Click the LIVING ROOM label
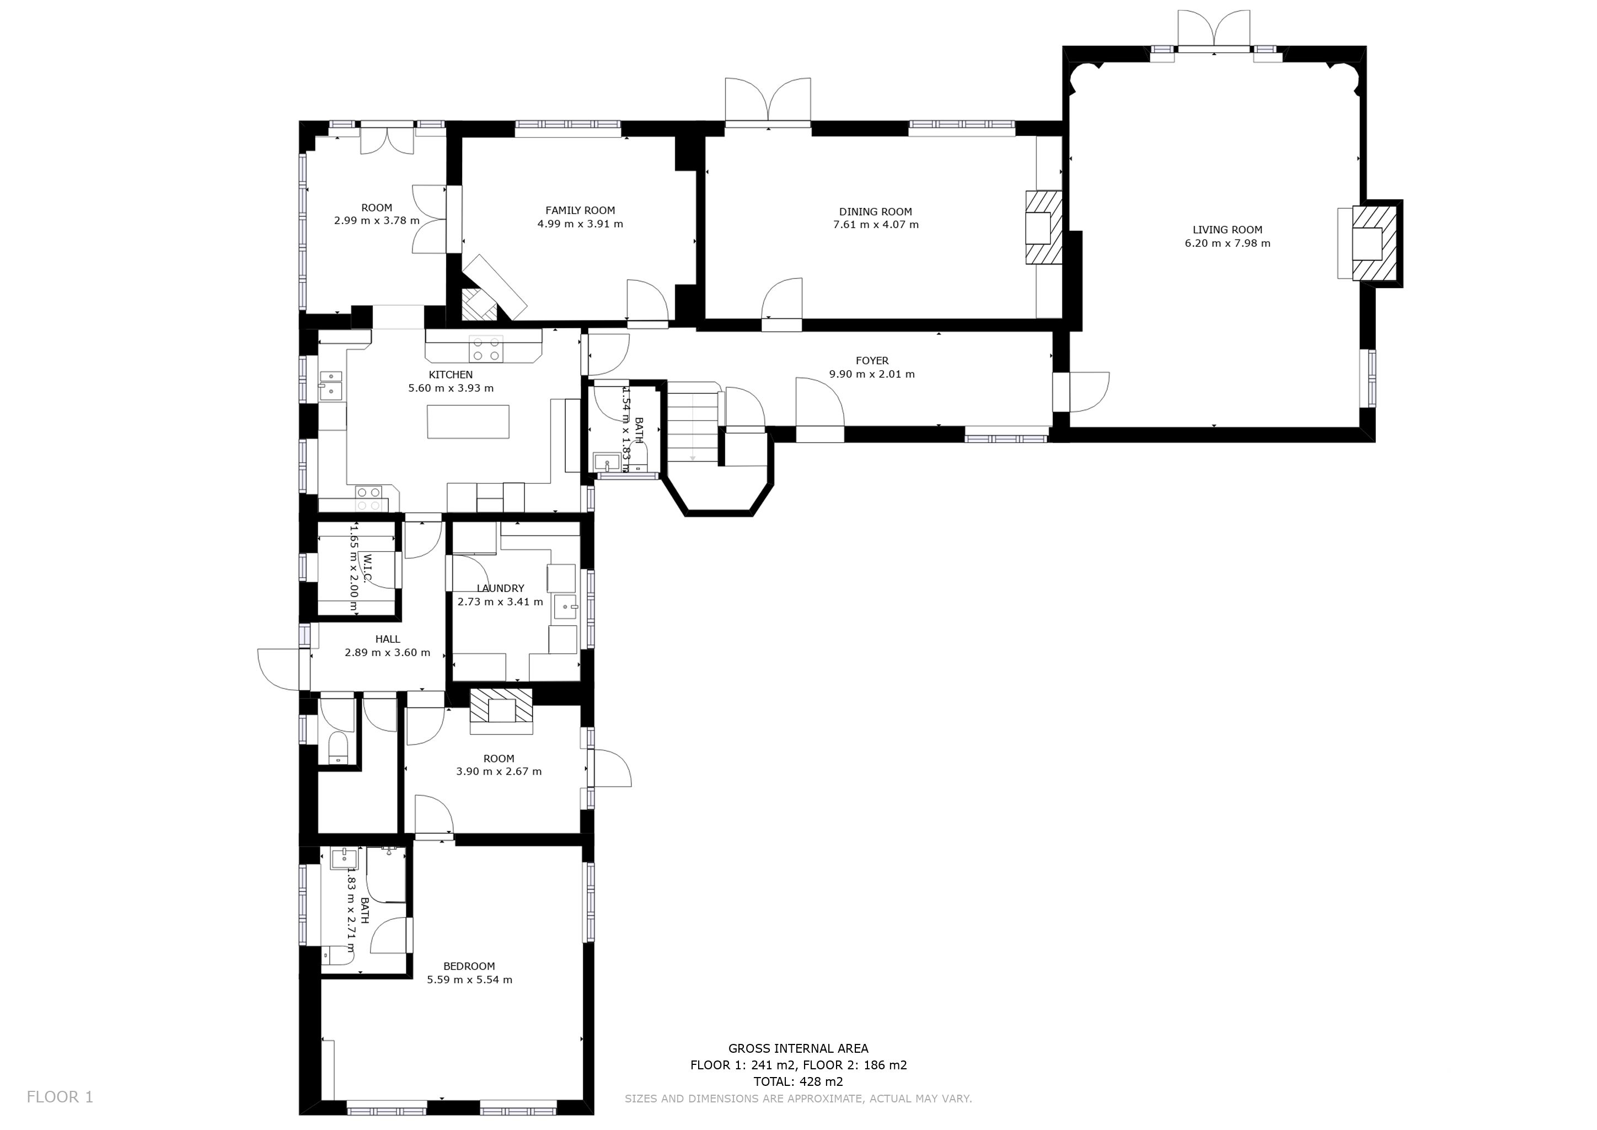pos(1227,230)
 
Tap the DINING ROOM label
pos(875,211)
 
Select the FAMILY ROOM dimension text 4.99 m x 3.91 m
pos(580,224)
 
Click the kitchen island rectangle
pos(468,422)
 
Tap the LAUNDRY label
pos(500,589)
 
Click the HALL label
pos(388,639)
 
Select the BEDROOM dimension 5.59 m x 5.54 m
pos(469,980)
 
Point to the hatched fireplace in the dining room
pos(1043,227)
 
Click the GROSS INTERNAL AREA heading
pos(798,1048)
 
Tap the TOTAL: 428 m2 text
pos(798,1082)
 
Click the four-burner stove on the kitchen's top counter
pos(486,349)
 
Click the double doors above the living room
pos(1214,29)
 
